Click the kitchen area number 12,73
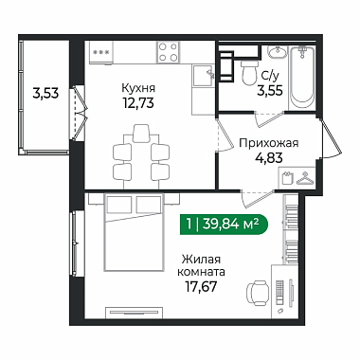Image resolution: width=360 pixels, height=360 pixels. pos(138,102)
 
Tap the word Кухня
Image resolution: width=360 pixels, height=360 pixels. pos(138,88)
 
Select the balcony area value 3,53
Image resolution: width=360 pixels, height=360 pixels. pos(45,93)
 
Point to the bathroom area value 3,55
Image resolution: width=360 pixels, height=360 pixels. pos(270,90)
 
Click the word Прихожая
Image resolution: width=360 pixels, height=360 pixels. pos(269,143)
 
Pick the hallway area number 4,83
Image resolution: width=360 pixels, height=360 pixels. pos(269,157)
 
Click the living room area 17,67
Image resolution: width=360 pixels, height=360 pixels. pos(201,286)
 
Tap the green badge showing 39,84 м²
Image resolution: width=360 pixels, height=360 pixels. pos(224,225)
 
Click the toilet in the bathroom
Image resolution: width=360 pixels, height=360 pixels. pos(249,73)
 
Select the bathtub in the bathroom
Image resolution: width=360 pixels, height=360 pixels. pos(302,78)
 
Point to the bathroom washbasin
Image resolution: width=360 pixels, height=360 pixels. pos(278,52)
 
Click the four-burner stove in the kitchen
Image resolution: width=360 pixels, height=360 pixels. pos(168,52)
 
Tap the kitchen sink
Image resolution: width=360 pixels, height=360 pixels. pos(204,75)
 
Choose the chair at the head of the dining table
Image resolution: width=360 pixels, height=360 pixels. pos(141,133)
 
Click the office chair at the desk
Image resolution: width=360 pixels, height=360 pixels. pos(258,293)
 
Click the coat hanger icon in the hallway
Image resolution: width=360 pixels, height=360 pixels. pos(305,178)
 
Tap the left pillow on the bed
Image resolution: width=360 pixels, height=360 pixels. pos(119,205)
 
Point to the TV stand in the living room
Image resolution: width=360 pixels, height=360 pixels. pos(135,312)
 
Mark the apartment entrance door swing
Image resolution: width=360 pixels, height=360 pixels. pos(331,139)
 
